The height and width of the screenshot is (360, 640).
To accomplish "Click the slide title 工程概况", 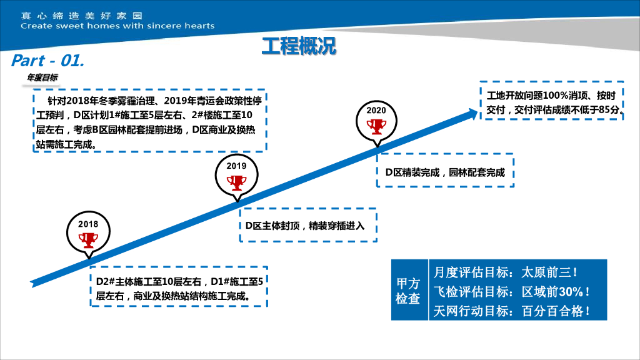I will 299,46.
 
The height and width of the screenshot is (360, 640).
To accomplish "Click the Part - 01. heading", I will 47,61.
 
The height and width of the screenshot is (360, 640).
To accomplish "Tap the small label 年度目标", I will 42,77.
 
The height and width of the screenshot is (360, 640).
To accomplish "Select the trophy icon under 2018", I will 88,239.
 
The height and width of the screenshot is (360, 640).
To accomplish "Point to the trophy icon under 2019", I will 236,182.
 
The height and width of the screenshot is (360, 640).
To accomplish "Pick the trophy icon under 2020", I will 376,126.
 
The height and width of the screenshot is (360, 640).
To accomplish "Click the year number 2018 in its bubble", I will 88,224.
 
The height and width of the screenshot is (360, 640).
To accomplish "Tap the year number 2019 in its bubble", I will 236,166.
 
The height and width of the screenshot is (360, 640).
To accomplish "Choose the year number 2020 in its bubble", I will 376,111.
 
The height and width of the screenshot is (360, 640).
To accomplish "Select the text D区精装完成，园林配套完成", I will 444,172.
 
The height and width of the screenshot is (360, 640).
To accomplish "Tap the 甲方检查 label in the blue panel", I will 408,291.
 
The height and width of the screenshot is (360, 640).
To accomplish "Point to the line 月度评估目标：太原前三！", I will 506,272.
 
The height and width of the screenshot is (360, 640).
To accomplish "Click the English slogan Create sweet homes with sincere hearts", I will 117,26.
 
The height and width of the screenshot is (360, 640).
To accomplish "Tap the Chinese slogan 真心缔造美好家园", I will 81,14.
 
